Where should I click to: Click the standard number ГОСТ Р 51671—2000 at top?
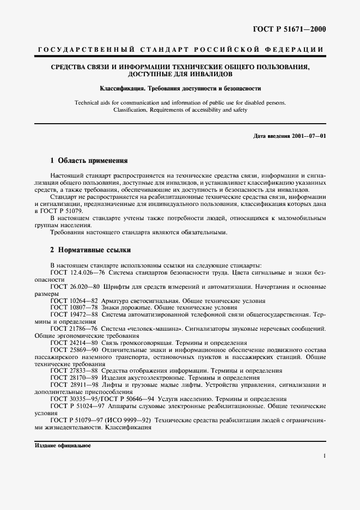[x=294, y=29]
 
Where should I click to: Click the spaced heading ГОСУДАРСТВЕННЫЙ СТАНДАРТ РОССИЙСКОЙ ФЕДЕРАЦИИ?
[x=180, y=50]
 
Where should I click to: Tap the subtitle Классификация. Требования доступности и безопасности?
[x=180, y=88]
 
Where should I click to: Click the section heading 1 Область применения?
[x=89, y=161]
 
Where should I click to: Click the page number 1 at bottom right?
[x=324, y=456]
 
